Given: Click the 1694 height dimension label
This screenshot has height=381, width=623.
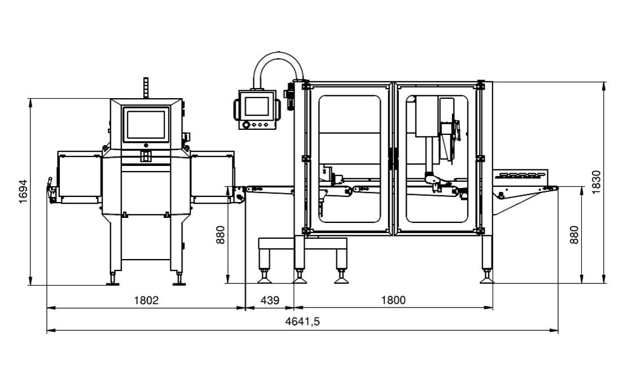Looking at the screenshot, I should click(x=23, y=192).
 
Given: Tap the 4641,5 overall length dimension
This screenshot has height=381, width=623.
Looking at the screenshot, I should click(x=302, y=322).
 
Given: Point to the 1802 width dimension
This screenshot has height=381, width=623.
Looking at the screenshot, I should click(x=146, y=300).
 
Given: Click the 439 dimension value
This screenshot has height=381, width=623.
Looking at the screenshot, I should click(x=270, y=300).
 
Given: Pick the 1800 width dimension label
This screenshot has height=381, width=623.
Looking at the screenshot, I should click(x=393, y=300).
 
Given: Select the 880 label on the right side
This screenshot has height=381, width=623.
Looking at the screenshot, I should click(x=574, y=234).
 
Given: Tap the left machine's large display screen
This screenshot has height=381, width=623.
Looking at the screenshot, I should click(x=146, y=124).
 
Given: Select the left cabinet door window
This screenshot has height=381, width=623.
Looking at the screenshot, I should click(x=349, y=159).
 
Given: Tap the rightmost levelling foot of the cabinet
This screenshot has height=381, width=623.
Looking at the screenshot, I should click(x=486, y=277).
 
